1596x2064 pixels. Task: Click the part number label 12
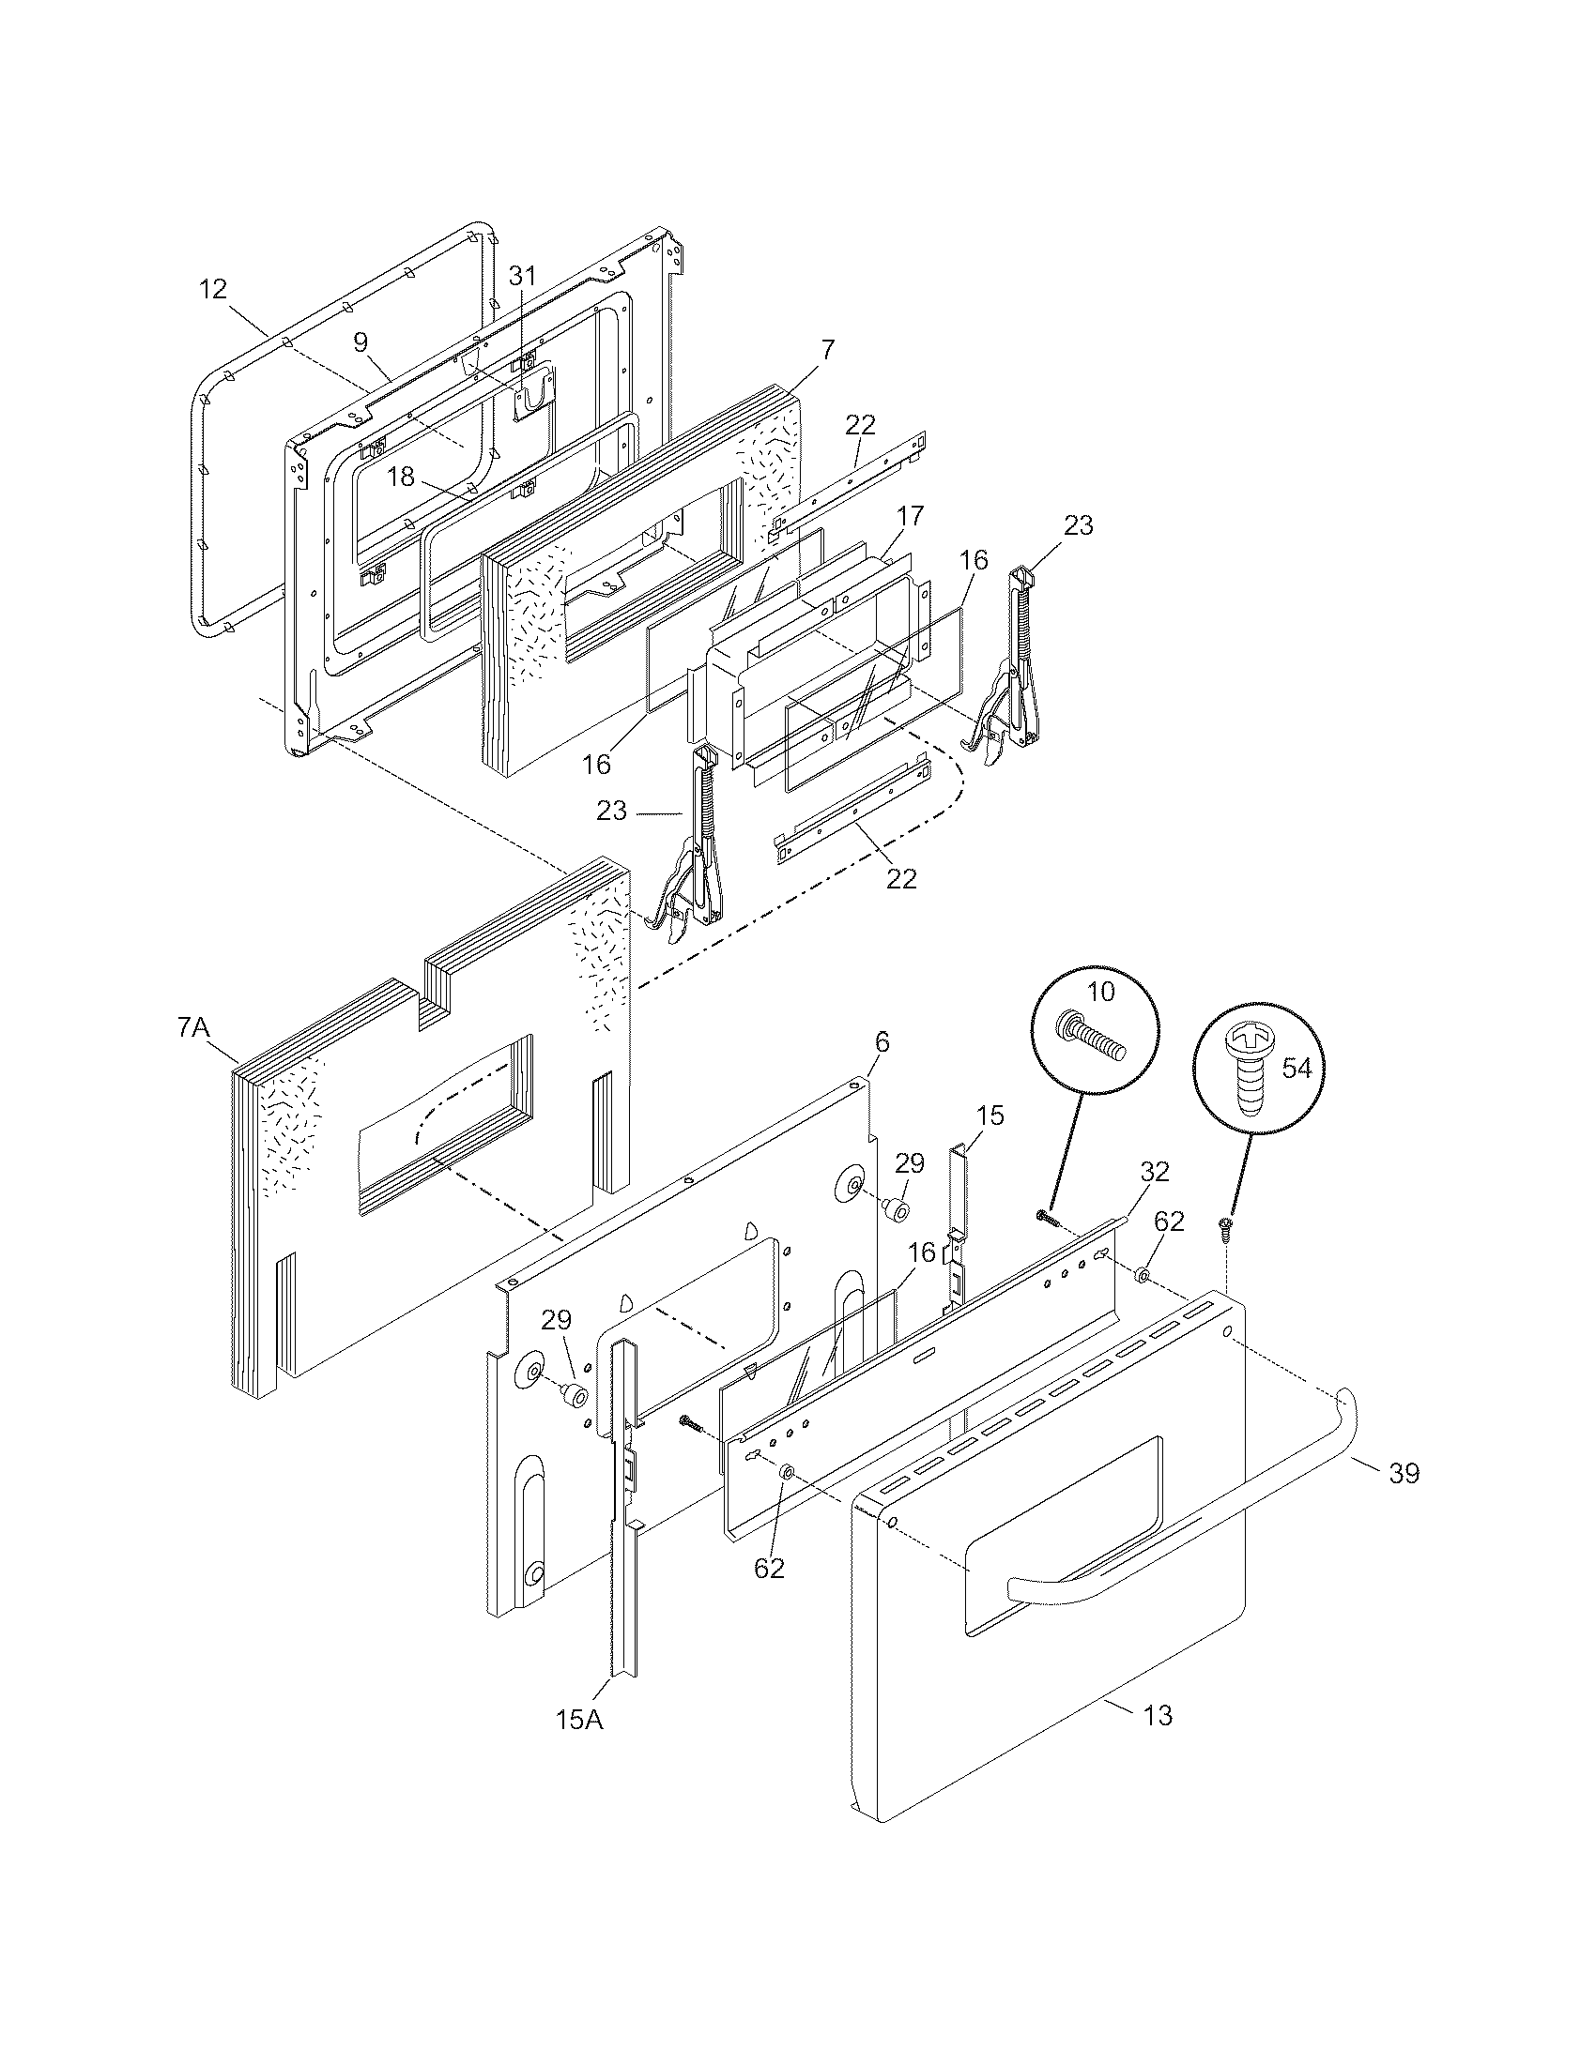pyautogui.click(x=214, y=289)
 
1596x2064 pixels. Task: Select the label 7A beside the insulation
pyautogui.click(x=192, y=1026)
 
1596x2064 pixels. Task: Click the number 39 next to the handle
pyautogui.click(x=1404, y=1473)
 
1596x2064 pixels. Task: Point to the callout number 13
pyautogui.click(x=1158, y=1714)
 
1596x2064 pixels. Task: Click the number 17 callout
pyautogui.click(x=911, y=516)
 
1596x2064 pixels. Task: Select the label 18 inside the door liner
pyautogui.click(x=401, y=477)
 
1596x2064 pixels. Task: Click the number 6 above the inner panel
pyautogui.click(x=882, y=1042)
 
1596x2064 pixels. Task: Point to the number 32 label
pyautogui.click(x=1155, y=1172)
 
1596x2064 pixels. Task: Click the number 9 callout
pyautogui.click(x=361, y=342)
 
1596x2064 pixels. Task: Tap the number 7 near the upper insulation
pyautogui.click(x=827, y=350)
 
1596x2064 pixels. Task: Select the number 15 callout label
pyautogui.click(x=990, y=1115)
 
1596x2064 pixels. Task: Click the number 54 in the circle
pyautogui.click(x=1297, y=1069)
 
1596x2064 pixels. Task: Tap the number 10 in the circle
pyautogui.click(x=1101, y=992)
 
